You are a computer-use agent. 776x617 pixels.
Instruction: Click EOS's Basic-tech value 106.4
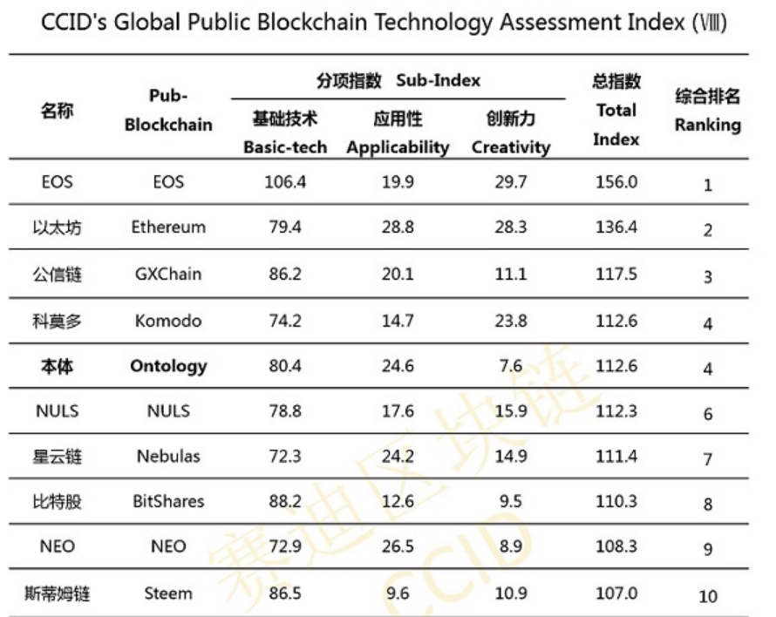[x=285, y=181]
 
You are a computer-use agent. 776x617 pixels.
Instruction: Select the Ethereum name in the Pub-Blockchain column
[x=168, y=227]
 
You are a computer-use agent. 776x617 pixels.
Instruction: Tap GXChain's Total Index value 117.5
[x=616, y=275]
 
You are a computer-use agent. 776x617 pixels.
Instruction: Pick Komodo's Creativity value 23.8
[x=511, y=321]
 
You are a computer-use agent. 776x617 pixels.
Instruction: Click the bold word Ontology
[x=168, y=367]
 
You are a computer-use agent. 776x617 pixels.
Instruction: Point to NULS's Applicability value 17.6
[x=397, y=410]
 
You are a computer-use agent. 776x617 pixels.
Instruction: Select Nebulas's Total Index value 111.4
[x=616, y=457]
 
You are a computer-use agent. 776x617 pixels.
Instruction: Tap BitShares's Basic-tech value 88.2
[x=285, y=501]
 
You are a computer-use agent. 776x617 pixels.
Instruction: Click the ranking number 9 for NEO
[x=708, y=549]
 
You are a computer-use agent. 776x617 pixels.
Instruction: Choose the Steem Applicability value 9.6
[x=397, y=593]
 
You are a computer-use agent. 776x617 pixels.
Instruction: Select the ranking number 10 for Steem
[x=708, y=596]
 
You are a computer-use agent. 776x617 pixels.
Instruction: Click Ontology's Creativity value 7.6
[x=511, y=367]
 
